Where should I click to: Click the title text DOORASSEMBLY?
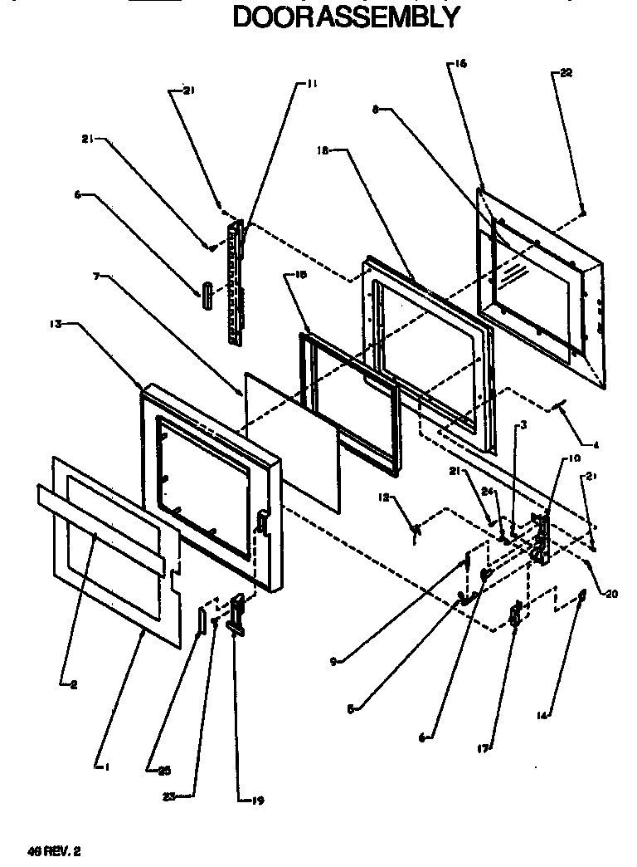(x=346, y=17)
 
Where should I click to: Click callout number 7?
(x=97, y=277)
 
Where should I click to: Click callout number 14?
(x=542, y=714)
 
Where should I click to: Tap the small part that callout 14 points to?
(x=582, y=595)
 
